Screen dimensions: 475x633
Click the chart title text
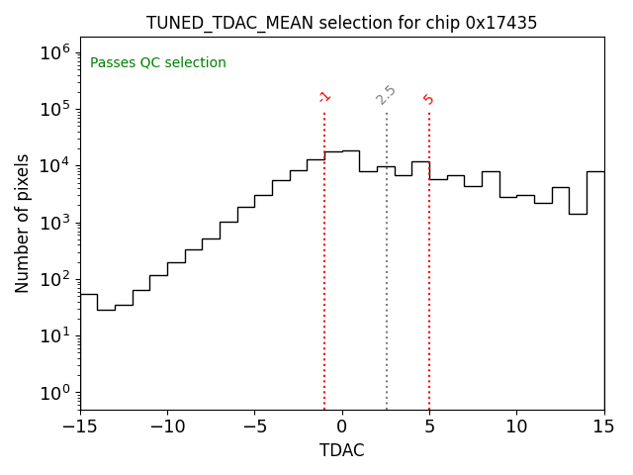point(341,23)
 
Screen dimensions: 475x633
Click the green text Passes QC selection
point(158,63)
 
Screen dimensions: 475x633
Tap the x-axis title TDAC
point(341,450)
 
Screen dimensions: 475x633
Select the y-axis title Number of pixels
point(23,223)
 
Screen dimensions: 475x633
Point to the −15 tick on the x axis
point(80,426)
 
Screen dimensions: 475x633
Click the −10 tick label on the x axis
point(167,426)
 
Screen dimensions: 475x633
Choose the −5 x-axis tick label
point(254,426)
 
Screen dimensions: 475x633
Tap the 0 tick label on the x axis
point(342,426)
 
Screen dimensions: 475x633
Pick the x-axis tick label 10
point(516,426)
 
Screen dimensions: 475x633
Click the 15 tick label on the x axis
point(603,426)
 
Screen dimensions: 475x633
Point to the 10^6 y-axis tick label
point(53,51)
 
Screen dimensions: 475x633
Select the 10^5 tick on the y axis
point(53,108)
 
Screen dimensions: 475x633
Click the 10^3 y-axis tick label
point(53,222)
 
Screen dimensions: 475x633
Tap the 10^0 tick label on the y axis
point(53,393)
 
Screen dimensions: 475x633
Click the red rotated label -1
point(324,97)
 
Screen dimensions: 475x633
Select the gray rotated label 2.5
point(386,95)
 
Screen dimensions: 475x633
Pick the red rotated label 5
point(428,99)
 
